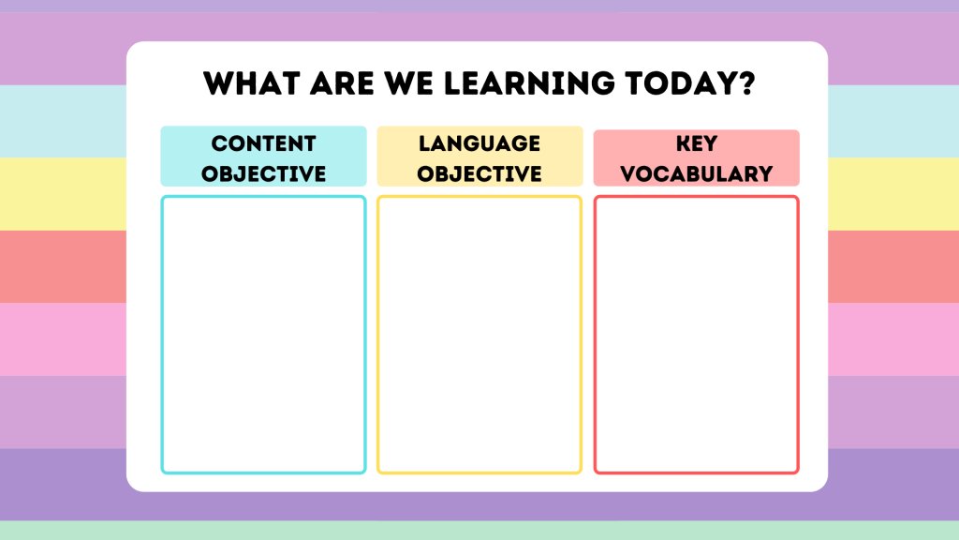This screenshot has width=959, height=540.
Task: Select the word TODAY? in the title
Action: (x=689, y=83)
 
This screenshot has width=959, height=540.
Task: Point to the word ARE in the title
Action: (x=343, y=83)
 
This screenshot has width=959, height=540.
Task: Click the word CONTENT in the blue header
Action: (x=263, y=143)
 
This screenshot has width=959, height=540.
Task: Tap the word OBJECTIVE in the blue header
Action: (x=263, y=173)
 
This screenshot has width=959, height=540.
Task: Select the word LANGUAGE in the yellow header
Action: (x=479, y=143)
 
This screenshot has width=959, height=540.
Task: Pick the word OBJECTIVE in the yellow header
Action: (x=479, y=173)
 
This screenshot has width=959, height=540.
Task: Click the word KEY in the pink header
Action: (x=696, y=143)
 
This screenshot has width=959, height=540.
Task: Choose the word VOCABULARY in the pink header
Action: (x=696, y=173)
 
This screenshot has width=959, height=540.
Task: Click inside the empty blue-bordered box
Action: (x=263, y=334)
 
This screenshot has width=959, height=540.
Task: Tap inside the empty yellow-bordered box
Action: (x=479, y=334)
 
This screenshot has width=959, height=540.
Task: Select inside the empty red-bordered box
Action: (x=696, y=334)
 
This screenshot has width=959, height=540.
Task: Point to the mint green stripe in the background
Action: (x=479, y=531)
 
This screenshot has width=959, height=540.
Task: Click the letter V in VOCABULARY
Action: (x=627, y=173)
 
